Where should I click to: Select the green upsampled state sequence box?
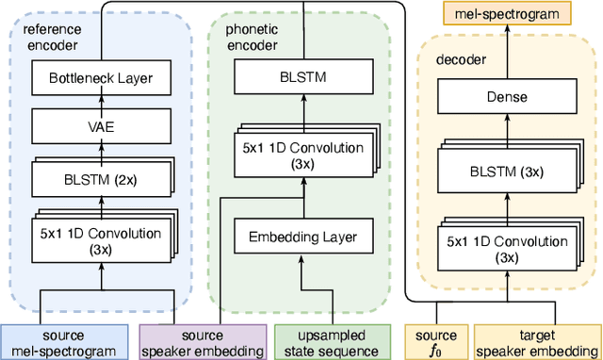click(333, 341)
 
